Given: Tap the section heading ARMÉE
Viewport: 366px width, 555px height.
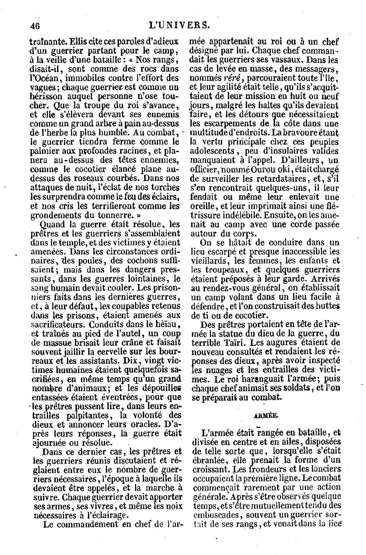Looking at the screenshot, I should pos(265,416).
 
